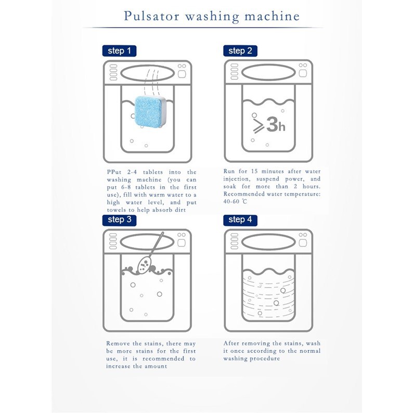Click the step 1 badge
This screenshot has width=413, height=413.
119,51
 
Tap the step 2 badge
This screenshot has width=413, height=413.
240,51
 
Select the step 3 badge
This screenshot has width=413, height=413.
119,220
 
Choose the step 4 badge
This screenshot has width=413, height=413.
240,220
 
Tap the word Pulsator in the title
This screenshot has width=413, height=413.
151,16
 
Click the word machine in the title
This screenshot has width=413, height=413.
272,16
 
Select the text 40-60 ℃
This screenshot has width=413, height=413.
235,201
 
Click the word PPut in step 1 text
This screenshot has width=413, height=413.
114,172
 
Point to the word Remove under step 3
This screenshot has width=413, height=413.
118,343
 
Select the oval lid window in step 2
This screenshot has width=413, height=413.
268,72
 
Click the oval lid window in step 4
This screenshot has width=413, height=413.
268,242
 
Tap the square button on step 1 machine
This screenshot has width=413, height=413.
182,74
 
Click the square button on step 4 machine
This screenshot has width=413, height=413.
303,242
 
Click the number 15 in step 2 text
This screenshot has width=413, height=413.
254,171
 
